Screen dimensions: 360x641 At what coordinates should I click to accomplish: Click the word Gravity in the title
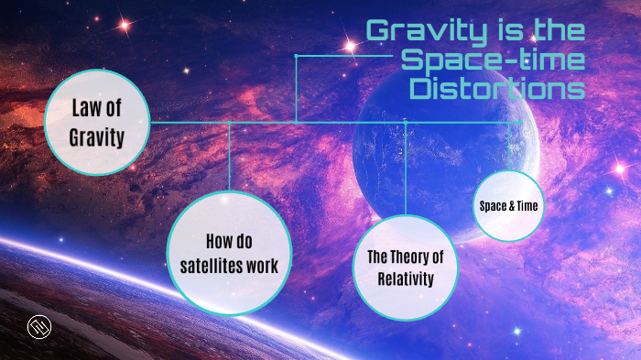coord(418,31)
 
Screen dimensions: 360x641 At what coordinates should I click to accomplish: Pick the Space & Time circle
coord(508,206)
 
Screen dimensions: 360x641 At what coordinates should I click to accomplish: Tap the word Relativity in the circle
coord(405,278)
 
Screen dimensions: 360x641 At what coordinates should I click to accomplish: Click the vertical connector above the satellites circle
coord(229,156)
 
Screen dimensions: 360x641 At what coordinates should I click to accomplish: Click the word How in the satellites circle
coord(219,243)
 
